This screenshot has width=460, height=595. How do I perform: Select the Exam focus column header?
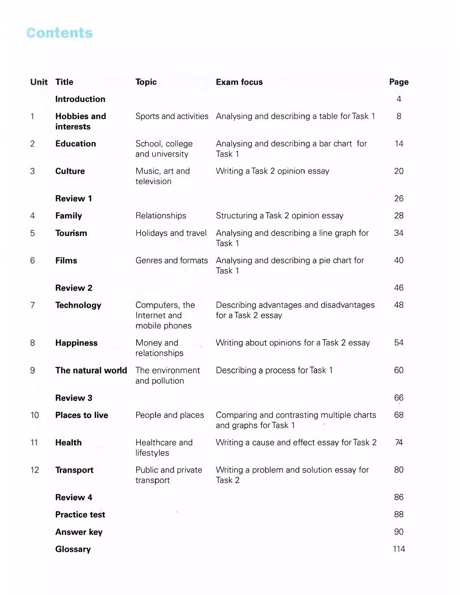click(239, 82)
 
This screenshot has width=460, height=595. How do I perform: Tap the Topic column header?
click(146, 82)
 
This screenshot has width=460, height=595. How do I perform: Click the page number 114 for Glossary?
click(399, 549)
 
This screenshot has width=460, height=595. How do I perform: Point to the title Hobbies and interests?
click(80, 121)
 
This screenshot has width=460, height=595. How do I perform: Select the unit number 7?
click(32, 305)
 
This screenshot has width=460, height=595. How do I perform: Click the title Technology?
click(78, 305)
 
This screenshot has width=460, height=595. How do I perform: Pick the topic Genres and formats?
click(171, 261)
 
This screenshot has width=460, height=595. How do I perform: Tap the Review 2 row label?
click(74, 288)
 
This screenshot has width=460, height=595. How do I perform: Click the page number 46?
click(399, 288)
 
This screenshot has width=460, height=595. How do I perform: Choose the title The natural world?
click(91, 370)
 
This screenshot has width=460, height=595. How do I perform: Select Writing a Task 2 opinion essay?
click(272, 171)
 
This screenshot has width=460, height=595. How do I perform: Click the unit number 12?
click(35, 470)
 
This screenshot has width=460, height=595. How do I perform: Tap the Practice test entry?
click(80, 515)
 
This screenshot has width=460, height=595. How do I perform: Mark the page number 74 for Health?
click(399, 442)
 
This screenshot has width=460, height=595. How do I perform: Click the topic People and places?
click(170, 415)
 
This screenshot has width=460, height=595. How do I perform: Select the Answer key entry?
click(79, 532)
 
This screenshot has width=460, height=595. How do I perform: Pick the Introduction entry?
click(80, 99)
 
